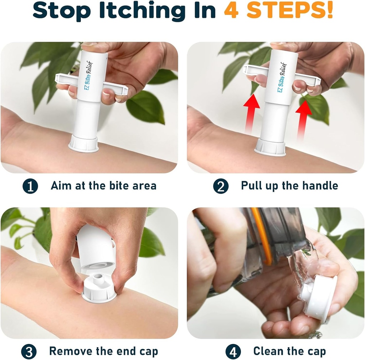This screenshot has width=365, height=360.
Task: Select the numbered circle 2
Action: click(x=221, y=186)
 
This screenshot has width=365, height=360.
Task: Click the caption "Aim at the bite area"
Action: click(x=103, y=186)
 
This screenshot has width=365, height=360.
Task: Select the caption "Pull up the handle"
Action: click(x=289, y=186)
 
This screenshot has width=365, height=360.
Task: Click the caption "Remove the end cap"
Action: click(x=103, y=351)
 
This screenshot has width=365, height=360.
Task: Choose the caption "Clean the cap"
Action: click(x=289, y=351)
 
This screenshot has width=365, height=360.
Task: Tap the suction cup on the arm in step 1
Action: click(x=83, y=144)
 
